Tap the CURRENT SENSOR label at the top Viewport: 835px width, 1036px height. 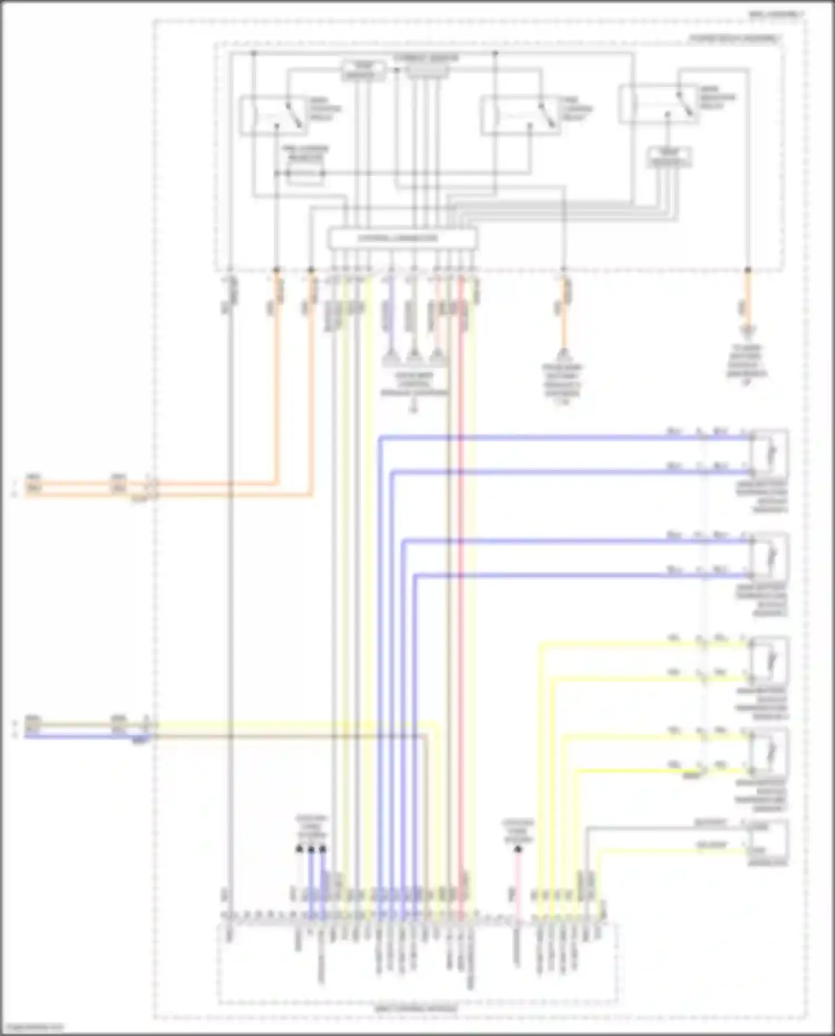(426, 58)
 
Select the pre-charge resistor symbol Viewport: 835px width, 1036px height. (305, 174)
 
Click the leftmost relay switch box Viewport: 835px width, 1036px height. (273, 115)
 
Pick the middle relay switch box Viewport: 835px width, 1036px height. (520, 115)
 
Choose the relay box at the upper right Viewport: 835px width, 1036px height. (658, 104)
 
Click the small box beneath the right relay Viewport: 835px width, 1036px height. (670, 158)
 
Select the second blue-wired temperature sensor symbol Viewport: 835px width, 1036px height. (769, 556)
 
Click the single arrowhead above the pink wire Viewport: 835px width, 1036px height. (518, 850)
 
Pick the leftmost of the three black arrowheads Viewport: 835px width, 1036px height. (299, 849)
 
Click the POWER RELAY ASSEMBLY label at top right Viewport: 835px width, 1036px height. (734, 38)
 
